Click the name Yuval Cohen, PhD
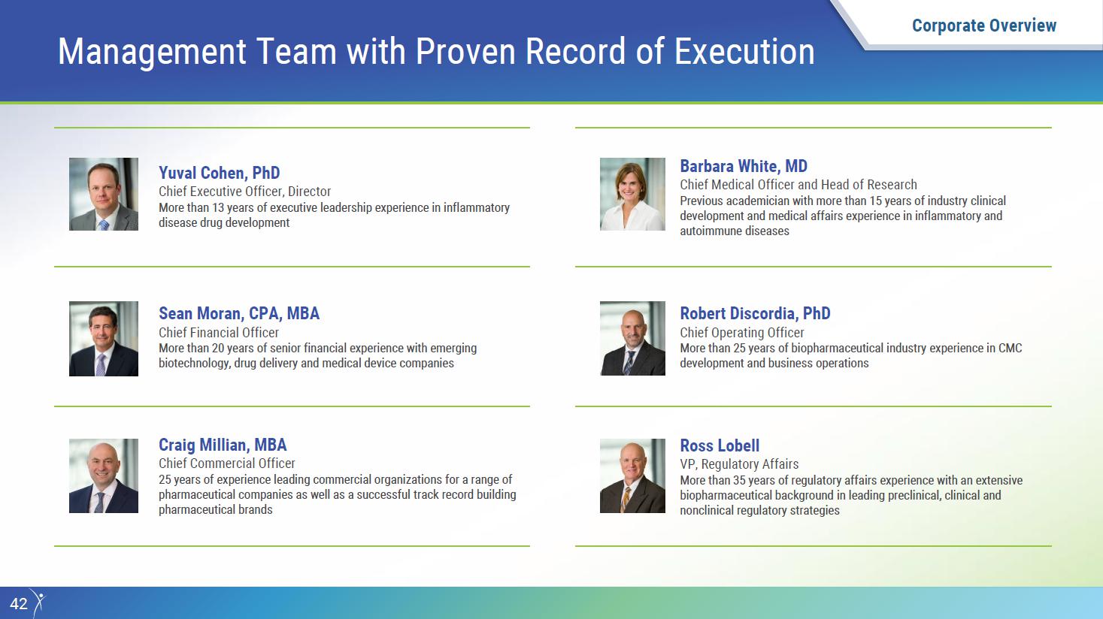coord(219,174)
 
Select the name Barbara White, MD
coord(744,166)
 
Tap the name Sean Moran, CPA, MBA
coord(239,313)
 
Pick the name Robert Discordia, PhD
coord(755,313)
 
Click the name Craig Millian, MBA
coord(223,445)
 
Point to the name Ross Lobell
coord(720,445)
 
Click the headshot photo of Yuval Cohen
coord(104,194)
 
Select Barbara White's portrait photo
coord(632,194)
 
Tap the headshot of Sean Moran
coord(104,339)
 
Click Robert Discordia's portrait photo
coord(632,339)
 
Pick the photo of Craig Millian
coord(104,476)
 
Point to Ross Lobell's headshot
coord(632,476)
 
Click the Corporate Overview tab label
coord(984,26)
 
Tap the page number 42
coord(19,604)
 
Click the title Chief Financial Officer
coord(219,333)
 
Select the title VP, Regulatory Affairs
coord(739,464)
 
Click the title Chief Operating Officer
coord(741,333)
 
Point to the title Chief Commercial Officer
coord(226,463)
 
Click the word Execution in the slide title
coord(744,51)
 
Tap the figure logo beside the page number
coord(38,602)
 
